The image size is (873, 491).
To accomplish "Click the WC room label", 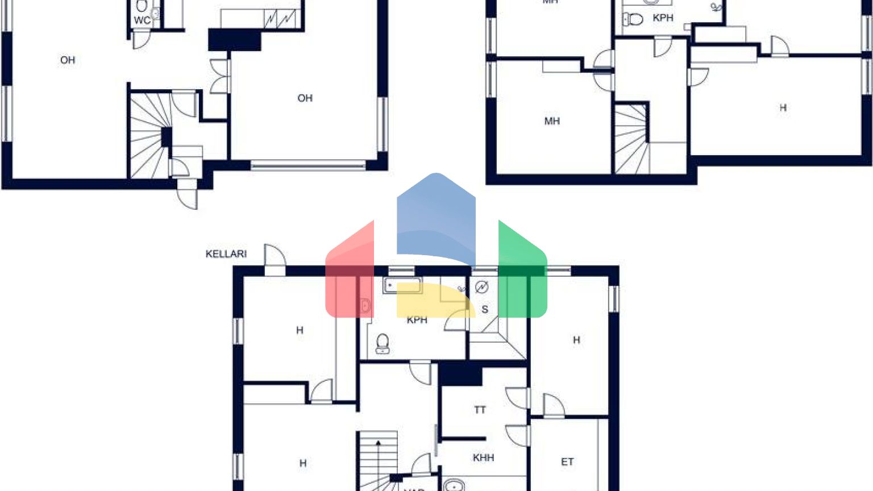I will (x=142, y=20).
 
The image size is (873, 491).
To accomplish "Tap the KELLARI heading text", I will (x=226, y=253).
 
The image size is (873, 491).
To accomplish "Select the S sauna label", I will (x=485, y=309).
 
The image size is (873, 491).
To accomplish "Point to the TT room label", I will (x=480, y=409).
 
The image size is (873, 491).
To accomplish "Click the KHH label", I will (x=483, y=457).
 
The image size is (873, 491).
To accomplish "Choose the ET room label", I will (x=567, y=461).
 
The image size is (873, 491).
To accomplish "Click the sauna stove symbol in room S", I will (x=482, y=288).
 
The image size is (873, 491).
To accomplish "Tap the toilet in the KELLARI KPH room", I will (x=383, y=343).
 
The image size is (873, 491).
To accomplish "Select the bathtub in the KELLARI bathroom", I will (x=402, y=285).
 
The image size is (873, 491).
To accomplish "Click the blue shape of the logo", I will (x=436, y=216).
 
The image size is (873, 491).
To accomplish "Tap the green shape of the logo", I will (x=522, y=273).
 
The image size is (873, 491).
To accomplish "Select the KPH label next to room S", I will (x=417, y=320).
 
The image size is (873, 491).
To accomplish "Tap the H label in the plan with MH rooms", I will (x=783, y=107).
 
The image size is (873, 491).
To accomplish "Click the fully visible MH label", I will (x=552, y=121).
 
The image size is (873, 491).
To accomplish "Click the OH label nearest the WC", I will (x=68, y=60).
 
